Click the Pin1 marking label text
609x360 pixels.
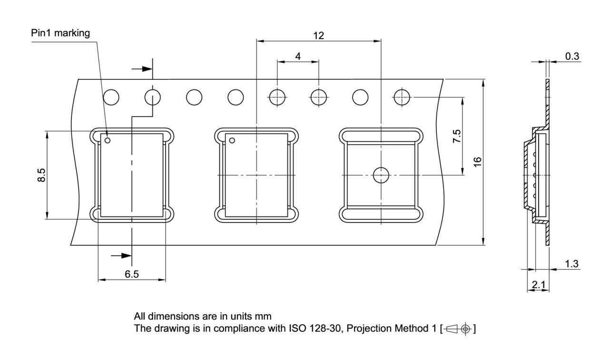[60, 33]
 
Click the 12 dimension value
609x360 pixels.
[318, 35]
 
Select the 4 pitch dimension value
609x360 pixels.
[298, 56]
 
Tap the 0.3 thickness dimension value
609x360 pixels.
[572, 56]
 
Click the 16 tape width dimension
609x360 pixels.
[478, 162]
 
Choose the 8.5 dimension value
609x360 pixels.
[42, 175]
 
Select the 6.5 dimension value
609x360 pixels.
[132, 274]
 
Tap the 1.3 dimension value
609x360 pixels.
[572, 264]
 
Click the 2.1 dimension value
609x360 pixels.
[539, 285]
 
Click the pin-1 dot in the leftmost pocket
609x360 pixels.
[108, 140]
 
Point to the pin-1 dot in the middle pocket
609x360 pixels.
[232, 140]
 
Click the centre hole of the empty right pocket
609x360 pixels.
[381, 175]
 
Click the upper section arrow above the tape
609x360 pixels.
[142, 69]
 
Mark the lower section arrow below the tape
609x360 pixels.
[121, 256]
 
